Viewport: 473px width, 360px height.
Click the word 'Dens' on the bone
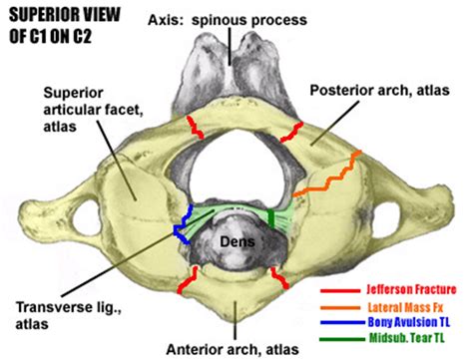click(236, 240)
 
